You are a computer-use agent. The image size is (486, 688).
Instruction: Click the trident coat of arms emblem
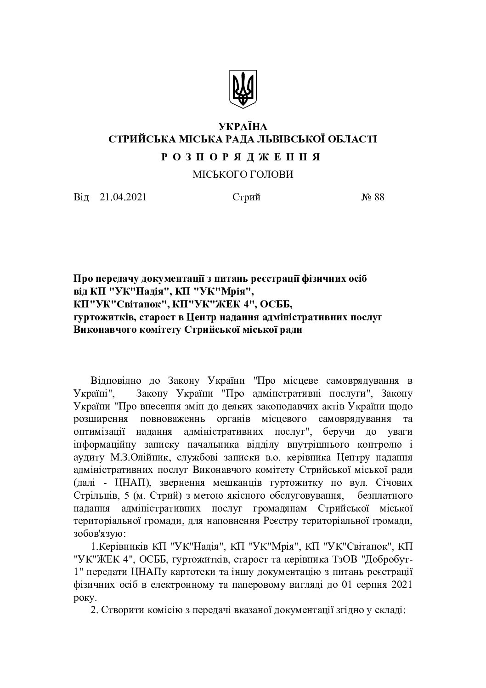pos(243,89)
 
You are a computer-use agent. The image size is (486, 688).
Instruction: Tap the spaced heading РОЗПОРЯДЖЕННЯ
pos(242,157)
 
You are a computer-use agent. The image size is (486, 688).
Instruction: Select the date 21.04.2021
pos(123,197)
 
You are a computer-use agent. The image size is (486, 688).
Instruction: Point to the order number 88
pos(379,197)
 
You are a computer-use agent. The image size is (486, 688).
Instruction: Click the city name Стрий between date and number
pos(246,197)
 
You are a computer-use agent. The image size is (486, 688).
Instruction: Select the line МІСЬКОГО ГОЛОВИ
pos(243,175)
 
